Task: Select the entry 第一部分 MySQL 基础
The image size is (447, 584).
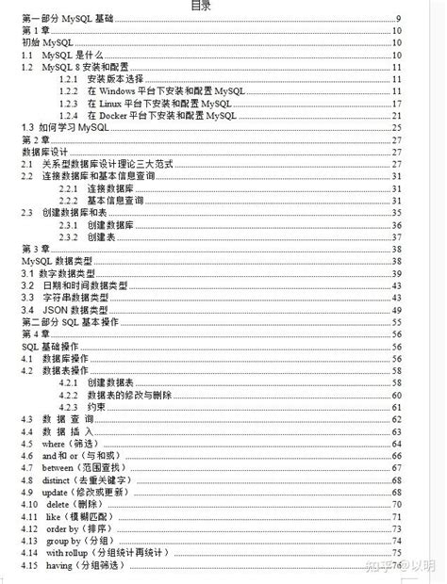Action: [72, 19]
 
